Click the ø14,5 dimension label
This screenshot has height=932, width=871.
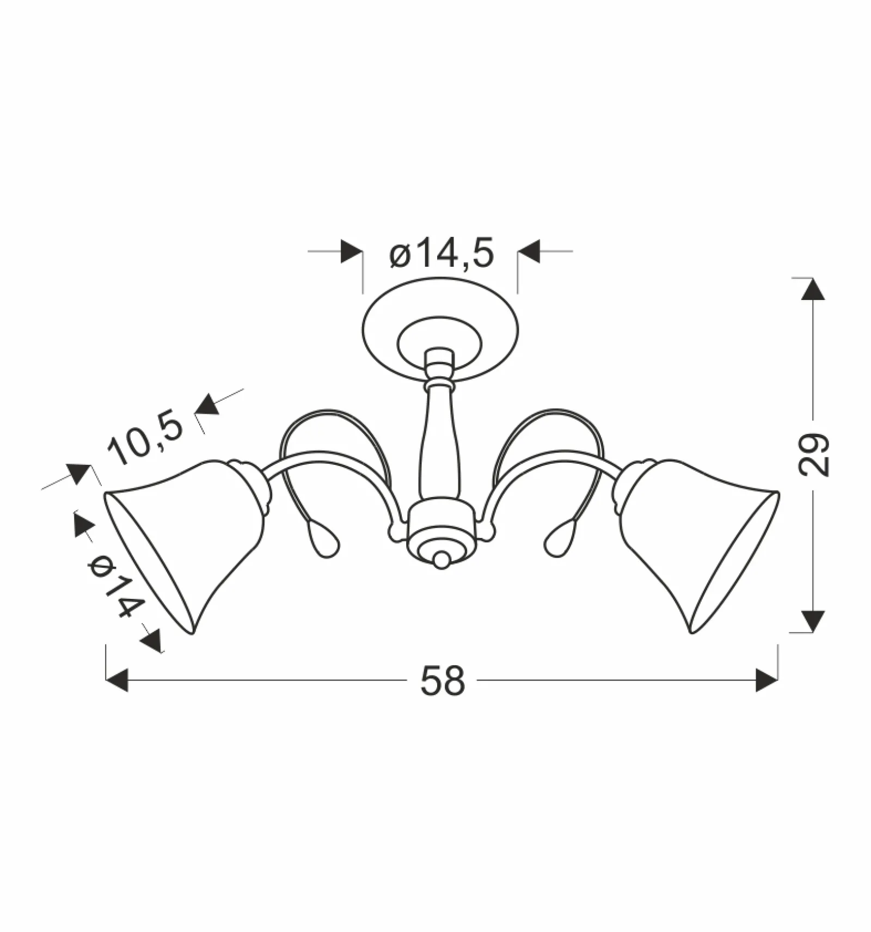coord(441,254)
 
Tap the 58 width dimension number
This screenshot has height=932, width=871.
coord(443,681)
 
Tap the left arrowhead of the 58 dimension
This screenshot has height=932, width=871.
coord(116,680)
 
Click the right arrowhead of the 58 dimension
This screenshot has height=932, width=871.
coord(766,680)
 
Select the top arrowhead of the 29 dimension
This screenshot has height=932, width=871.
coord(813,289)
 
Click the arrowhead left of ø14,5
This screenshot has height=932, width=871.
coord(352,252)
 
